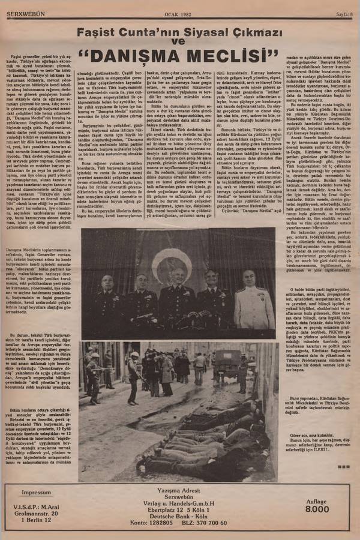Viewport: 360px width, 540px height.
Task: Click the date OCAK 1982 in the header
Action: coord(178,13)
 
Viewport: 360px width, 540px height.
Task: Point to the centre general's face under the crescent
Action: coord(179,279)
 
